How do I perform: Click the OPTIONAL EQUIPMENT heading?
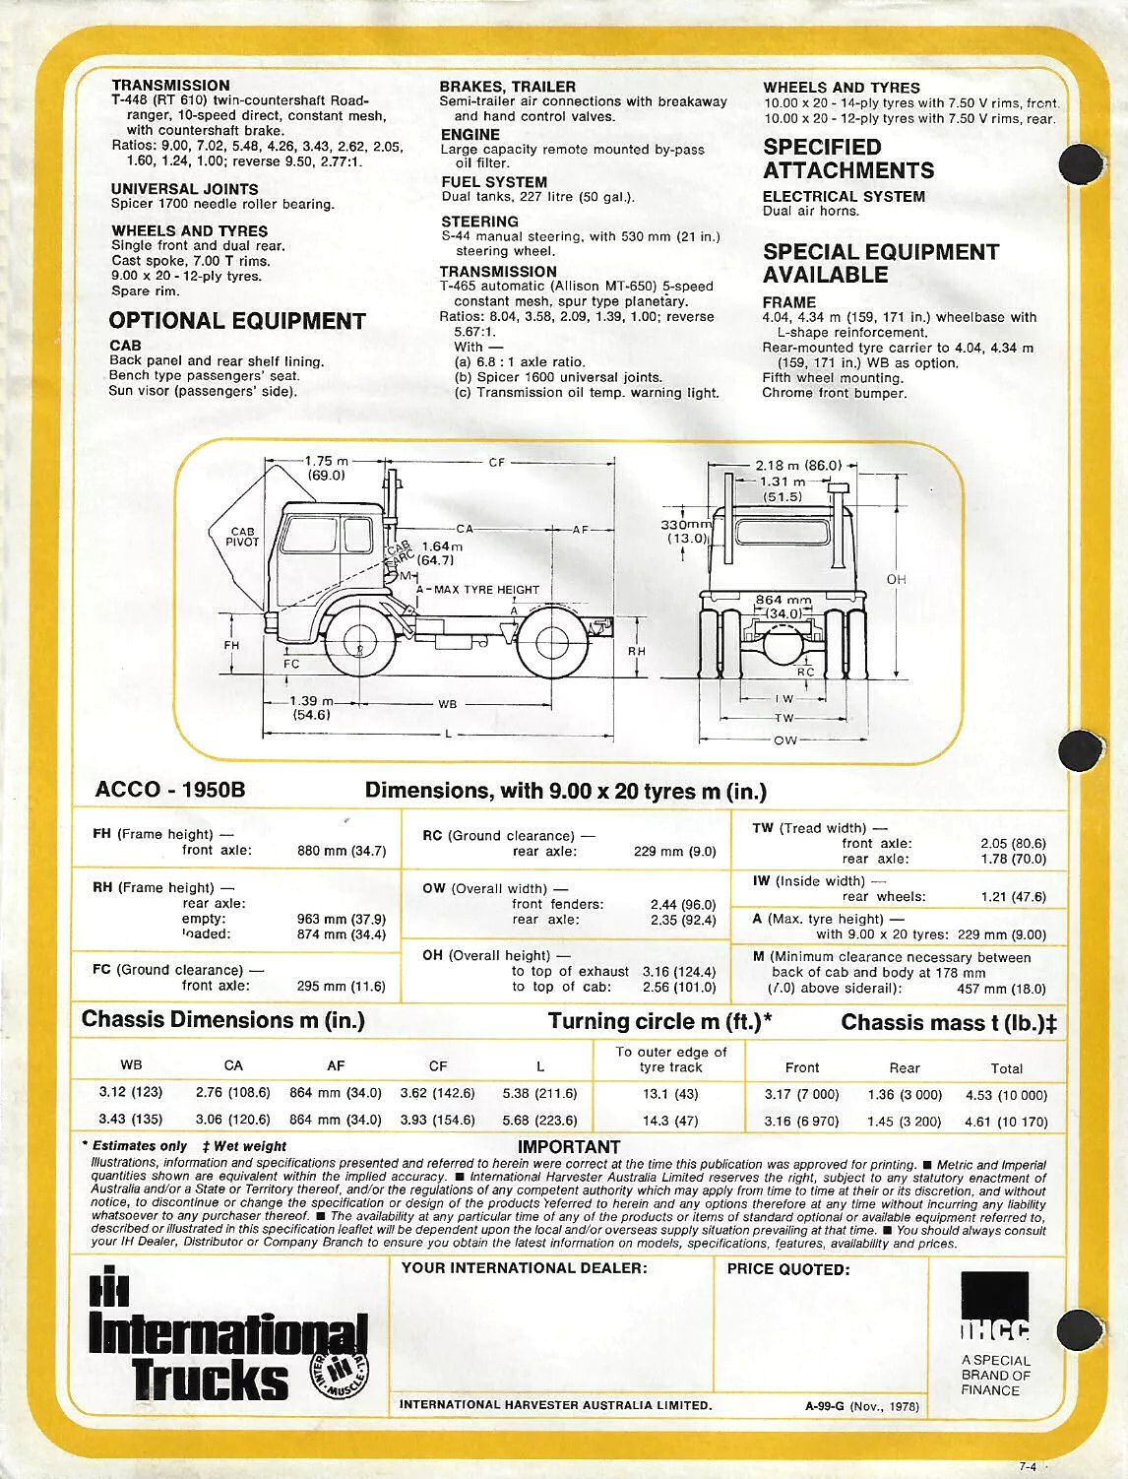237,321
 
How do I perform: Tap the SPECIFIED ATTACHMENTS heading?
847,159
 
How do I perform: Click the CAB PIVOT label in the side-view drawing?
242,537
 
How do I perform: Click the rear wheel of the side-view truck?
547,644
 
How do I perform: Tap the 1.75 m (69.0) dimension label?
326,467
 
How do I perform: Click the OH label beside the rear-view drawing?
896,579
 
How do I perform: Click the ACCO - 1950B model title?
170,790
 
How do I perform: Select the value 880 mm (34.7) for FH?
342,851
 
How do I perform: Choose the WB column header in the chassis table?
131,1064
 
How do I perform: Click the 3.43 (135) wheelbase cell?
131,1119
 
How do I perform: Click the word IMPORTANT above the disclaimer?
569,1147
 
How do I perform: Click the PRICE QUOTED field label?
787,1269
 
